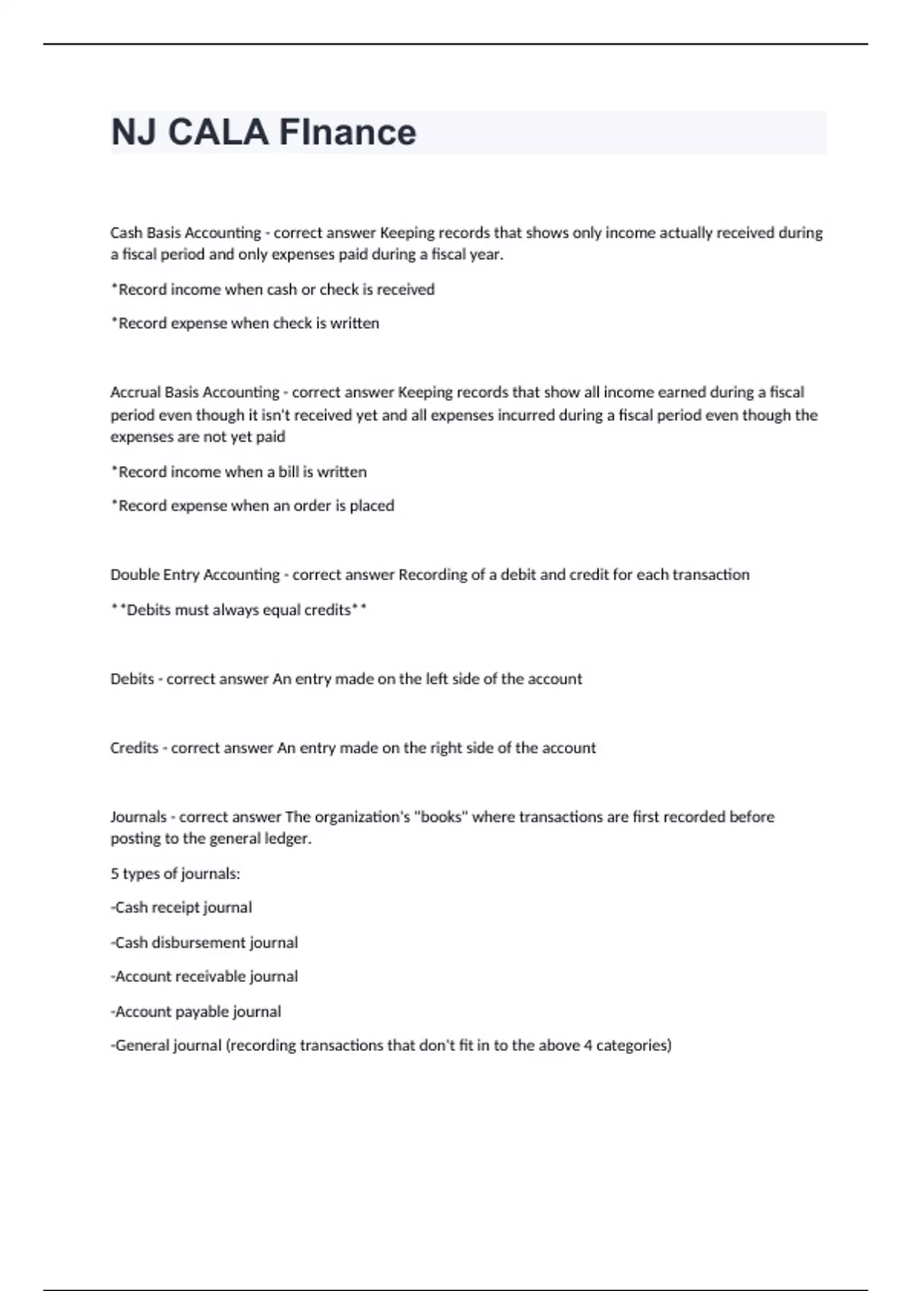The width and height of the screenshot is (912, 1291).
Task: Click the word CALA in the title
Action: [x=217, y=132]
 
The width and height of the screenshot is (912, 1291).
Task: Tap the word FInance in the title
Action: [x=347, y=132]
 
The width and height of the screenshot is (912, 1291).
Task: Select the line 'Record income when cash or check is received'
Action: [x=274, y=289]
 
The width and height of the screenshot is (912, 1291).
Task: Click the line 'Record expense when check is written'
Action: [x=245, y=324]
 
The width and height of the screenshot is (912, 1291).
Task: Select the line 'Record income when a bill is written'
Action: [x=239, y=472]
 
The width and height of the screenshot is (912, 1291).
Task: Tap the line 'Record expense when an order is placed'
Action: [x=253, y=506]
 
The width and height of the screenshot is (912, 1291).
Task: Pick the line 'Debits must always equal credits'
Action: [x=239, y=610]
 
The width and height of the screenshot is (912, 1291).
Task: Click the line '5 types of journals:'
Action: [x=176, y=874]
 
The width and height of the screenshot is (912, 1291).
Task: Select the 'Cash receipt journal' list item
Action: [x=182, y=907]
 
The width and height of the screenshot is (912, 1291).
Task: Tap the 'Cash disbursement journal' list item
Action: [x=205, y=942]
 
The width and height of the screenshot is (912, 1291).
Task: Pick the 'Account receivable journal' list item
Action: [x=205, y=977]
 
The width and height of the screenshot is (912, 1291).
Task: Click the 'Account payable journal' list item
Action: [x=197, y=1012]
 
